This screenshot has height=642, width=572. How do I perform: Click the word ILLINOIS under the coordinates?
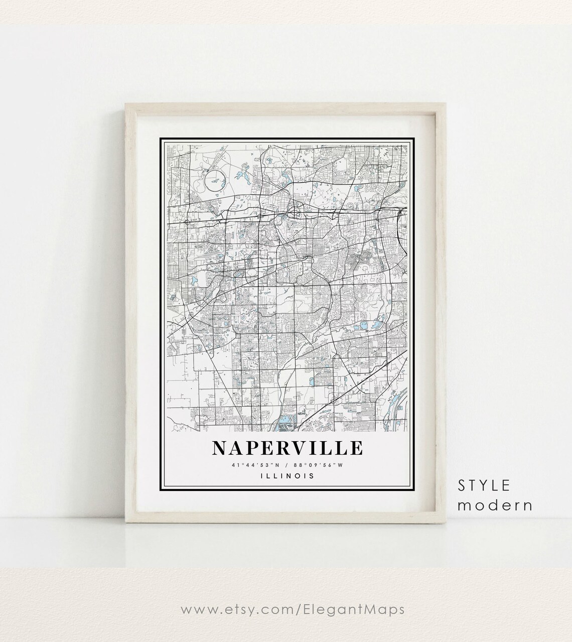[288, 475]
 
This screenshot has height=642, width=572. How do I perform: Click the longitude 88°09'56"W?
[319, 464]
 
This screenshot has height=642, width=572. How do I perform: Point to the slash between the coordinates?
[287, 464]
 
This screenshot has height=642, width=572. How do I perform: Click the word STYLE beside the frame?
[485, 485]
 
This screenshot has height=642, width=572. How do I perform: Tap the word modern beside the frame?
[495, 504]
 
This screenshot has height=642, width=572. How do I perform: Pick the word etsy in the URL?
[235, 610]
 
